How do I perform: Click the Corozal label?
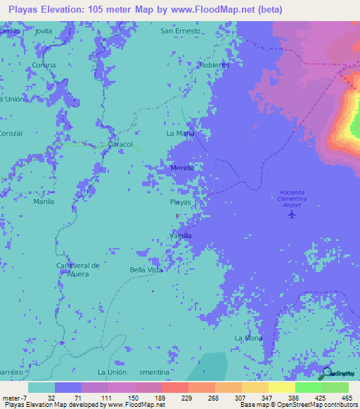coord(11,133)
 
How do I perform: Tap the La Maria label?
coord(180,133)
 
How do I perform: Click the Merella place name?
coord(182,168)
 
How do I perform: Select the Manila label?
coord(44,201)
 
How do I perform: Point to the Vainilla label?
coord(181,235)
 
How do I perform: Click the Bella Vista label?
coord(146,270)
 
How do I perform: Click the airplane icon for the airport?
coord(292,214)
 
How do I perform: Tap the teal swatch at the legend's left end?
coord(41,387)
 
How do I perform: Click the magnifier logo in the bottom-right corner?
coord(326,374)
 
